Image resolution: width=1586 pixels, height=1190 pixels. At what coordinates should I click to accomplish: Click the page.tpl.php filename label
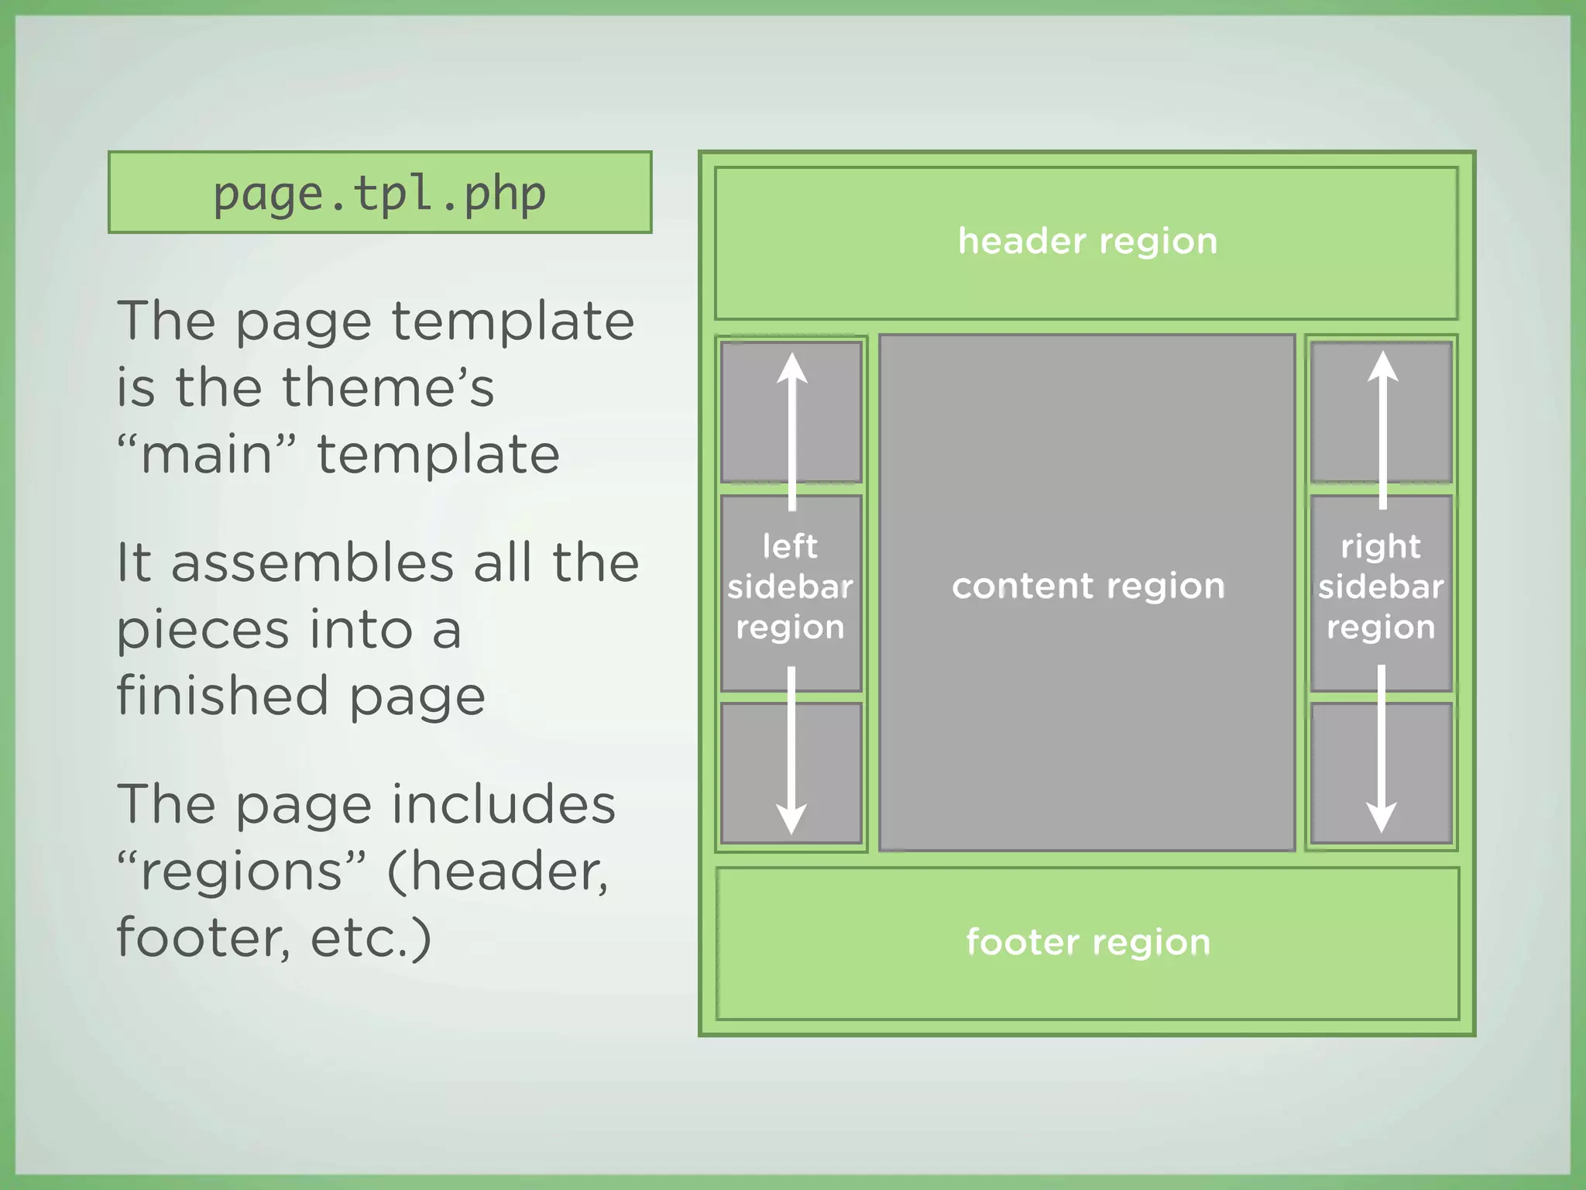pos(379,194)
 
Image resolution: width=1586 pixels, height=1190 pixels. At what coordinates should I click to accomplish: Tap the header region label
pos(1087,241)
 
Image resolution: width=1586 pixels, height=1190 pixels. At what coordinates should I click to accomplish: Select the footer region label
pos(1087,942)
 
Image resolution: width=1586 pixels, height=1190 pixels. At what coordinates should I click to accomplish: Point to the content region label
pos(1087,586)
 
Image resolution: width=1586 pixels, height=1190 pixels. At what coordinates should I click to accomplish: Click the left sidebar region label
pos(790,586)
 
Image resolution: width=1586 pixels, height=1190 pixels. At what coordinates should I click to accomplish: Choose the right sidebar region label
pos(1381,586)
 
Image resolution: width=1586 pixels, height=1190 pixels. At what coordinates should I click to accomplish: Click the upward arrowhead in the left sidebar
pos(791,368)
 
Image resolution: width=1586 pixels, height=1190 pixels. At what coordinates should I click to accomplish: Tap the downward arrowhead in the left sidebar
pos(791,818)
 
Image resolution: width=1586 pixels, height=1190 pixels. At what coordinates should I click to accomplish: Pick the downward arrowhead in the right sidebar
pos(1381,817)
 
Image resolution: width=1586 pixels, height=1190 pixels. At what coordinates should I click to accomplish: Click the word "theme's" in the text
pos(387,387)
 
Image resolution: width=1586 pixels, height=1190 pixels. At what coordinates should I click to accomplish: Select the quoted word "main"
pos(207,454)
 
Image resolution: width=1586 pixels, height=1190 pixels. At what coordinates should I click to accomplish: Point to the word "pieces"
pos(202,631)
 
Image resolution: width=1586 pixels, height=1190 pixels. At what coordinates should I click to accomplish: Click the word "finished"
pos(222,696)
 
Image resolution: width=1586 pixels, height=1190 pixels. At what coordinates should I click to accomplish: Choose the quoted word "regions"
pos(242,872)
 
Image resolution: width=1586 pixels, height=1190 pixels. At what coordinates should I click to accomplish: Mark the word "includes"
pos(503,804)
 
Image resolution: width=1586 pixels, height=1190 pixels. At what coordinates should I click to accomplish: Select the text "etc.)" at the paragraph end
pos(370,938)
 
